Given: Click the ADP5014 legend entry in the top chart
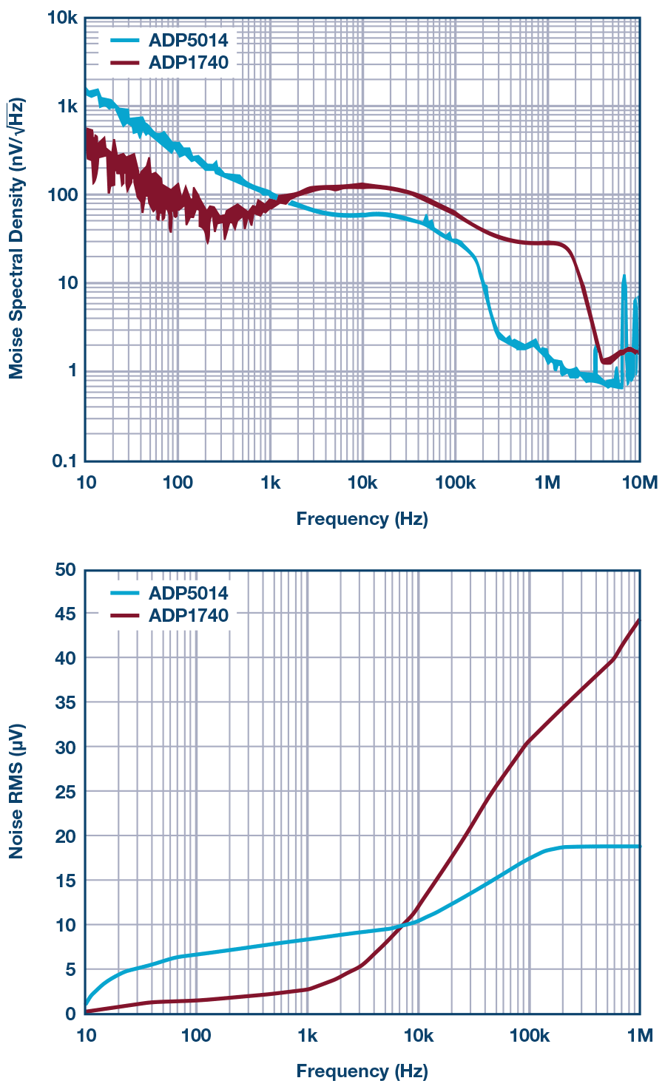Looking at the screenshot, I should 188,40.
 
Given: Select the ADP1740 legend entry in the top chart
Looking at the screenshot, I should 188,62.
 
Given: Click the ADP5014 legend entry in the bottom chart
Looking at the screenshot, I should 188,593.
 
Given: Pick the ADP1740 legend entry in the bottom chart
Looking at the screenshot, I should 188,615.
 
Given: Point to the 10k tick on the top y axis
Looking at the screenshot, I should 62,18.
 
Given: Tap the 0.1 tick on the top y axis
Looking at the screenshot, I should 64,461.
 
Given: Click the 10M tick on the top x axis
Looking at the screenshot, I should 639,483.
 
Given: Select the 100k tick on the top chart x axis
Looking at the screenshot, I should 455,483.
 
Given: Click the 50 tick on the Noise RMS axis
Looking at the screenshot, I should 65,569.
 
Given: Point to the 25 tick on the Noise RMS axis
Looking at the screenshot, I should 65,792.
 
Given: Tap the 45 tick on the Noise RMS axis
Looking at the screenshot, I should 65,614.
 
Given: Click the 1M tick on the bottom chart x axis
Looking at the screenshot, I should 639,1036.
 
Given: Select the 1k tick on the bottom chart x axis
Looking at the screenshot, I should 307,1036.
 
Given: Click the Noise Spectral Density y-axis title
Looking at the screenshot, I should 16,238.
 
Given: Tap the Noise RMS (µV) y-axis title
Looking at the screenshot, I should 16,791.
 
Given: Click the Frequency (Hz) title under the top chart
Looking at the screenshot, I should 362,519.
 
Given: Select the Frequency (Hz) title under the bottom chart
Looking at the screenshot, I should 362,1071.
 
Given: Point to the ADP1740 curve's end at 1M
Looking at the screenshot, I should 638,620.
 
